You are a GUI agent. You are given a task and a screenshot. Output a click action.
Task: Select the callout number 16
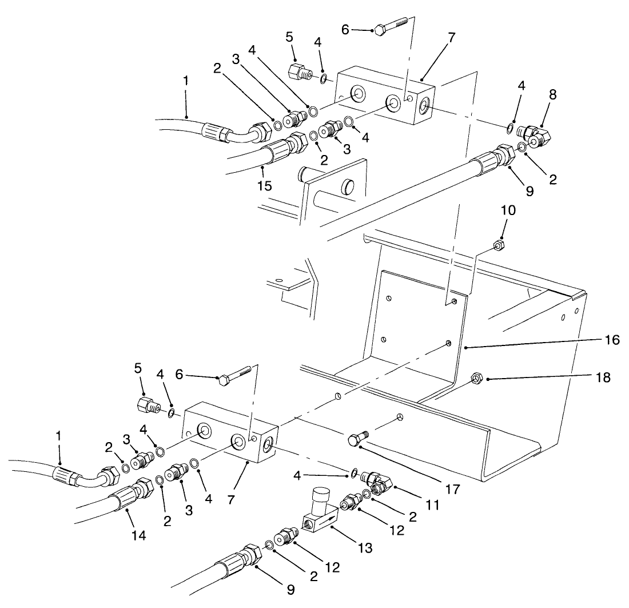(x=611, y=340)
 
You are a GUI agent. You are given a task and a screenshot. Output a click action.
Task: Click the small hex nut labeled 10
(x=497, y=245)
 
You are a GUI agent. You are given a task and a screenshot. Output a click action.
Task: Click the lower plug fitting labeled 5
(x=148, y=406)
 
